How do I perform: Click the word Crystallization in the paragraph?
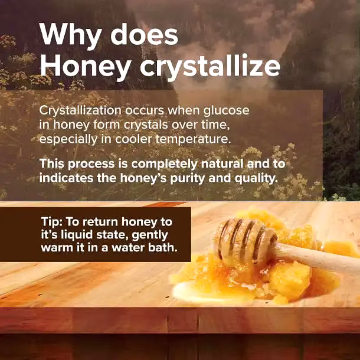point(80,111)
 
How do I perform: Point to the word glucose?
point(226,111)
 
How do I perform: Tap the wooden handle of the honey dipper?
point(317,257)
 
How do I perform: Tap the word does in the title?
point(144,35)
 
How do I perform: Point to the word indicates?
point(66,178)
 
